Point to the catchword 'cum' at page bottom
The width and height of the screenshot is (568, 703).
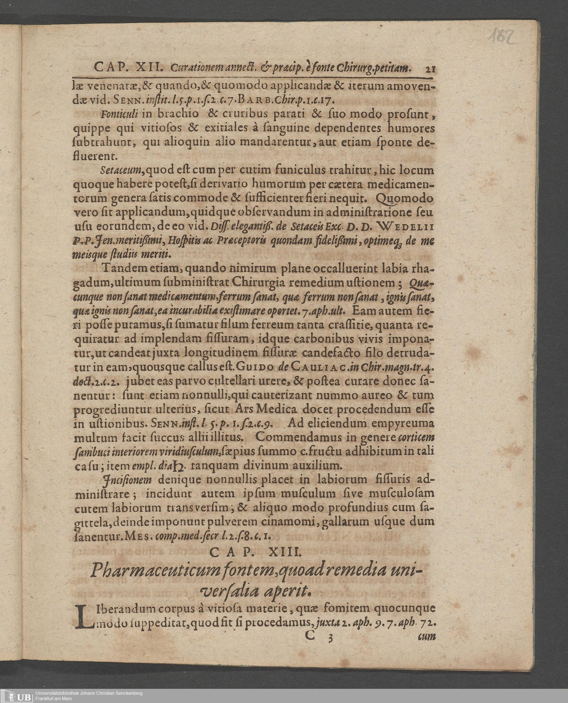427,636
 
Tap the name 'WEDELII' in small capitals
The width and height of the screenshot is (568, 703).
406,226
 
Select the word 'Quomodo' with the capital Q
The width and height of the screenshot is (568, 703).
405,198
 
